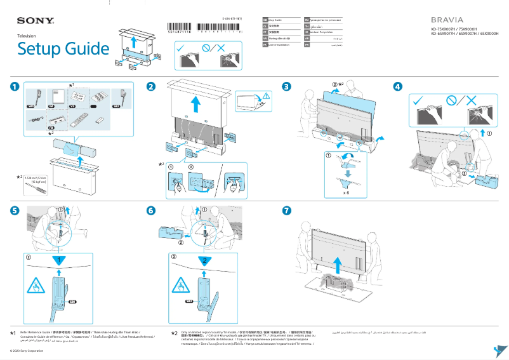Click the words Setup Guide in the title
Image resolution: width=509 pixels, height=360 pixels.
(x=63, y=48)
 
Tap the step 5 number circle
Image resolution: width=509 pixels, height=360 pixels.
(x=15, y=210)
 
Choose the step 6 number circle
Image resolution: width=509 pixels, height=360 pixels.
(x=151, y=210)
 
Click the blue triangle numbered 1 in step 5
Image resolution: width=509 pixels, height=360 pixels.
(x=59, y=260)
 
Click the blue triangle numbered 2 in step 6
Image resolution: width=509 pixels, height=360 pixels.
(x=203, y=260)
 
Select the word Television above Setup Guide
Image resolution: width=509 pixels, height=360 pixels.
(x=27, y=36)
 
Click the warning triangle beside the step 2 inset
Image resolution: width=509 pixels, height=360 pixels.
(x=267, y=95)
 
